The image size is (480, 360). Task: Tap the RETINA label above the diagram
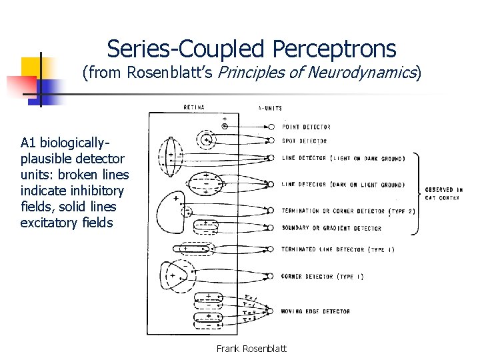tap(193, 107)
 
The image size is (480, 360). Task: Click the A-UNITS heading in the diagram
tap(269, 108)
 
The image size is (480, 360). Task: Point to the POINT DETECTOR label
tap(306, 126)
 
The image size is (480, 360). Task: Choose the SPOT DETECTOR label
tap(304, 141)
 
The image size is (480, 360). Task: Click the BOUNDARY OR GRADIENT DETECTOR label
tap(331, 228)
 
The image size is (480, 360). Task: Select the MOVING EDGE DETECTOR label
tap(315, 311)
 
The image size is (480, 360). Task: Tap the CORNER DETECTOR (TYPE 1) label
tap(322, 276)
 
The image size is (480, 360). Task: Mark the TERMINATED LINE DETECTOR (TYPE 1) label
tap(333, 249)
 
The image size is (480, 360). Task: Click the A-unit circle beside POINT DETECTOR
tap(271, 126)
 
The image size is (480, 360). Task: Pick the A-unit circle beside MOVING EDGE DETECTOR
tap(270, 311)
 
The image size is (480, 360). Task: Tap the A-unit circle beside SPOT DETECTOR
tap(271, 141)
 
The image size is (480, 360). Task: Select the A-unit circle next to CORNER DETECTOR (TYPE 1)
tap(270, 276)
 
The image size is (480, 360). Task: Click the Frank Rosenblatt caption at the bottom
tap(251, 349)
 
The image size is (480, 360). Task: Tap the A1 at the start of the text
tap(27, 143)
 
